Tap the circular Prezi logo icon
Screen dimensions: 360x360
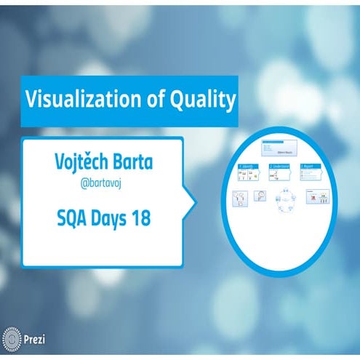(x=12, y=340)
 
